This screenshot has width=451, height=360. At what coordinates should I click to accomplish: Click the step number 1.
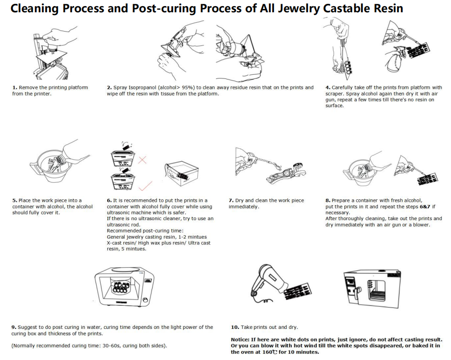[x=14, y=87]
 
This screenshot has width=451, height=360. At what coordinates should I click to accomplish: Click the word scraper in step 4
[x=338, y=94]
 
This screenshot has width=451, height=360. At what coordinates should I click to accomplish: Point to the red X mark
[x=142, y=161]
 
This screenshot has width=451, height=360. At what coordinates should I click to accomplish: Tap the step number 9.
[x=14, y=327]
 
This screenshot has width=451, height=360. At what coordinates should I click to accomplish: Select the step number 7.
[x=230, y=200]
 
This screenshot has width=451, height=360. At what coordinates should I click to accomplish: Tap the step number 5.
[x=14, y=200]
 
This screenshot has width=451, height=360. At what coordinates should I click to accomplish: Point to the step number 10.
[x=234, y=327]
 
